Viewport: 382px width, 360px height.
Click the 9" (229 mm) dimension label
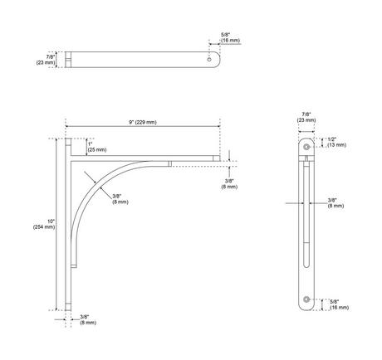[142, 122]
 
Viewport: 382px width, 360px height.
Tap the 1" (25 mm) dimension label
[97, 147]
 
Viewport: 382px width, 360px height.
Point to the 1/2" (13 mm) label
[337, 142]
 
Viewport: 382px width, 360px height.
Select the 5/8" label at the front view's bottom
[338, 304]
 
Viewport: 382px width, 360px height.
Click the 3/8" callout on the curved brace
[120, 197]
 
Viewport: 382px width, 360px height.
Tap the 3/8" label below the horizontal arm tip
[229, 184]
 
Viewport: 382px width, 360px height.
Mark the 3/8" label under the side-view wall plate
[85, 319]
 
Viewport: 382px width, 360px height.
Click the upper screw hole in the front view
[306, 146]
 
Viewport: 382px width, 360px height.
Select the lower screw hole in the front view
[306, 298]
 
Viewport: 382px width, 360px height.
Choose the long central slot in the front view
[306, 220]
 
